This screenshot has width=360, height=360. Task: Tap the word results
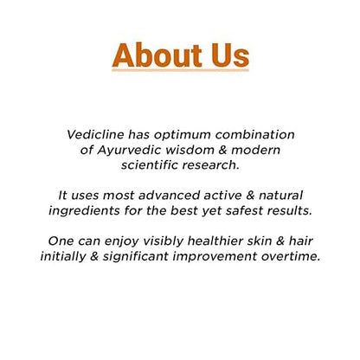tap(293, 209)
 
